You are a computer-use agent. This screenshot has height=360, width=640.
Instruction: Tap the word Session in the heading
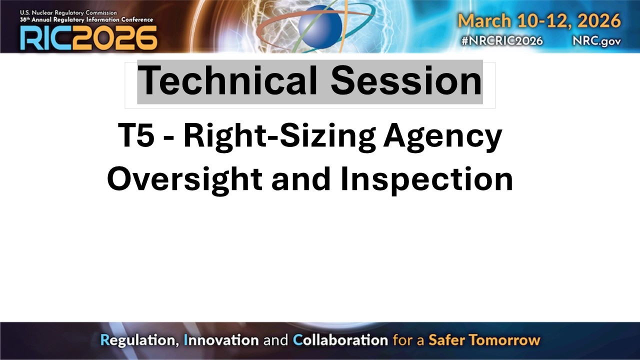(406, 81)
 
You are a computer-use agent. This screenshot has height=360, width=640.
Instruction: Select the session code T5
(136, 136)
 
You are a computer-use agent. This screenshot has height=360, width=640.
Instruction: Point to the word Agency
(442, 137)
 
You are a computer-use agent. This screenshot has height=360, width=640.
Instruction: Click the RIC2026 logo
(88, 37)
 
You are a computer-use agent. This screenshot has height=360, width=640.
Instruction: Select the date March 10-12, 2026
(539, 21)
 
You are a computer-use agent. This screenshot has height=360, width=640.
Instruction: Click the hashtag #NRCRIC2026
(501, 41)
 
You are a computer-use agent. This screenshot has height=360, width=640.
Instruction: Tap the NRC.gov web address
(596, 41)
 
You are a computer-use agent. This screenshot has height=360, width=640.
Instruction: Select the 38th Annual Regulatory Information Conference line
(86, 19)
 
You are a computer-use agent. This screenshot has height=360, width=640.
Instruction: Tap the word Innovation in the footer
(221, 341)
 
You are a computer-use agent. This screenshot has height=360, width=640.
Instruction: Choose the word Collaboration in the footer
(340, 341)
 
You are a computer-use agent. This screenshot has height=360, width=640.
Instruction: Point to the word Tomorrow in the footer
(507, 341)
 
